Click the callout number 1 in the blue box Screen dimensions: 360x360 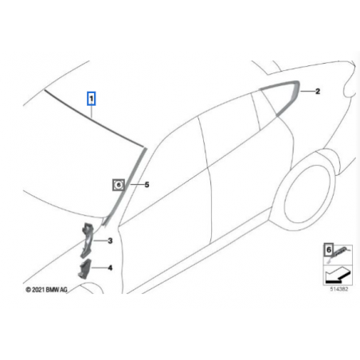[91, 99]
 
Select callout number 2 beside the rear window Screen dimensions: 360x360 [318, 92]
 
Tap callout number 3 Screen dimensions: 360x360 [110, 241]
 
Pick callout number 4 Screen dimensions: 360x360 [110, 268]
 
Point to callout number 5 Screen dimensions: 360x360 [147, 184]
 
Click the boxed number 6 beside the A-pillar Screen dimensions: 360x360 [119, 185]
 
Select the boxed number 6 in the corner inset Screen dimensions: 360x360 [329, 250]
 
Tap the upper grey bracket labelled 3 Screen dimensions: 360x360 [88, 240]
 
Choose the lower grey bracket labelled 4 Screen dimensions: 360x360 [84, 268]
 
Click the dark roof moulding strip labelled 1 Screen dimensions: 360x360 [94, 119]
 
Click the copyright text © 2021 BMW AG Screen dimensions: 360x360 [47, 290]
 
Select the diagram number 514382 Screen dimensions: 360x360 [338, 289]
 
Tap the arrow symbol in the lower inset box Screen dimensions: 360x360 [337, 276]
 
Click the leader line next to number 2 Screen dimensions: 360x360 [307, 92]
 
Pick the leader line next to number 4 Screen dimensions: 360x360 [100, 268]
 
